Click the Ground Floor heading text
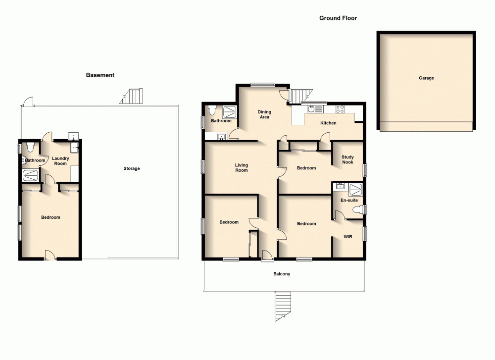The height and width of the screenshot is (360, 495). (x=338, y=18)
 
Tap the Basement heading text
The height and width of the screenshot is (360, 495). (x=100, y=75)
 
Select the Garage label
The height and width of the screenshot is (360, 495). (x=426, y=78)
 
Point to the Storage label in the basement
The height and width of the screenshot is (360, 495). (x=132, y=169)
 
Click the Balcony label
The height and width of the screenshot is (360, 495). (x=282, y=274)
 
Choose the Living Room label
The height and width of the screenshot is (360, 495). (x=241, y=168)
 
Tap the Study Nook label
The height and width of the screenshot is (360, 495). (x=347, y=159)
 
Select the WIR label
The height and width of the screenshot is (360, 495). (x=348, y=237)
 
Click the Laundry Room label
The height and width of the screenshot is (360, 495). (x=60, y=161)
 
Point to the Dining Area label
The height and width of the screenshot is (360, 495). (x=264, y=114)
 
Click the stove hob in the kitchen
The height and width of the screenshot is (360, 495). (x=341, y=108)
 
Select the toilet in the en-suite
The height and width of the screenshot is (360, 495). (x=356, y=210)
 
